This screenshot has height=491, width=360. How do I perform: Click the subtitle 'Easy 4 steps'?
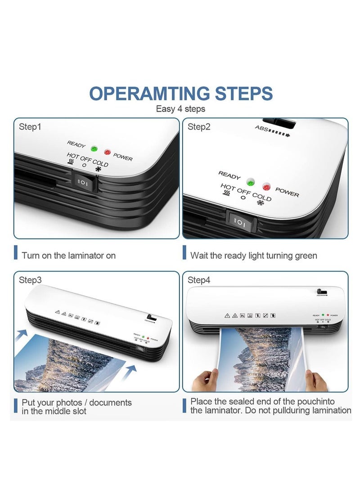pyautogui.click(x=180, y=109)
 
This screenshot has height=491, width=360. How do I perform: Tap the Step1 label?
pyautogui.click(x=30, y=127)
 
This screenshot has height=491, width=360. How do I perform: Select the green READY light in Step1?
pyautogui.click(x=94, y=149)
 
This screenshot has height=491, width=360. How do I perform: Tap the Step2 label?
pyautogui.click(x=199, y=127)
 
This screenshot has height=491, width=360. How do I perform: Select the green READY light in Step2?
pyautogui.click(x=251, y=182)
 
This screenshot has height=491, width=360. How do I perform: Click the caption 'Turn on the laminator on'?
pyautogui.click(x=68, y=256)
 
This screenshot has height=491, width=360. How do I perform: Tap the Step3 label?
pyautogui.click(x=30, y=280)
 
